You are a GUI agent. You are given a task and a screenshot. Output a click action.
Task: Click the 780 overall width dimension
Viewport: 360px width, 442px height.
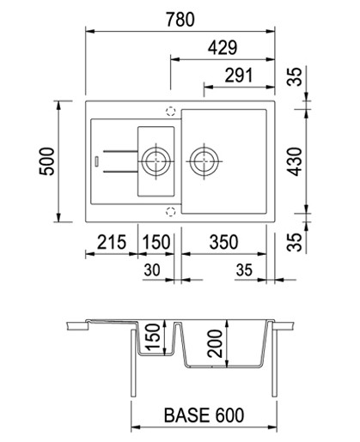click(180, 20)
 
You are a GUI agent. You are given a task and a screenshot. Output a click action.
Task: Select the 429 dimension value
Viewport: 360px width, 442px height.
click(223, 48)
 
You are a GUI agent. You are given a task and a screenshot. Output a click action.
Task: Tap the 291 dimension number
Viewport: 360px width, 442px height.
click(239, 76)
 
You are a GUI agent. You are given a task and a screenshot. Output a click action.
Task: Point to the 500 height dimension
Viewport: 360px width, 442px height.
click(46, 161)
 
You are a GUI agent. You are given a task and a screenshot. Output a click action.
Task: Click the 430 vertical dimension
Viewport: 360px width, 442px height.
click(295, 161)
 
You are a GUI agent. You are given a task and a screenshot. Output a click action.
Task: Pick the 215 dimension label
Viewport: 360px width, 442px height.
click(112, 242)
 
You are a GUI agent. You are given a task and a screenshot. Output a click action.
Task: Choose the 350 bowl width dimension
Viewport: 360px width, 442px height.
click(223, 242)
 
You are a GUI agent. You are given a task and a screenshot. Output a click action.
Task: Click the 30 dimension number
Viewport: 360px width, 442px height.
click(152, 270)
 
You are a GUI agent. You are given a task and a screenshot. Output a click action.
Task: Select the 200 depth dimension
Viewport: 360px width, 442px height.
click(215, 343)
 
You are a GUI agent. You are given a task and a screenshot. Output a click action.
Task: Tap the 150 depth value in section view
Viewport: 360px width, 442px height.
click(153, 337)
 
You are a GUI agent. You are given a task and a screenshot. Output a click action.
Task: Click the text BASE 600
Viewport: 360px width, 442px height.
click(204, 415)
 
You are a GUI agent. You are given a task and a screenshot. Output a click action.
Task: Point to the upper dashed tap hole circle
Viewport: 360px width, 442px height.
click(170, 111)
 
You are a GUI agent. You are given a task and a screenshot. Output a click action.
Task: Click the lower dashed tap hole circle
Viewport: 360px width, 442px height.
click(170, 212)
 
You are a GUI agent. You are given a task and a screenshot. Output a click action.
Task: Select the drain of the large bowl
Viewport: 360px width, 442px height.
click(204, 161)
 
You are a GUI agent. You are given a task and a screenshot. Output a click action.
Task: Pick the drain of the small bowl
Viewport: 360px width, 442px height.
click(156, 161)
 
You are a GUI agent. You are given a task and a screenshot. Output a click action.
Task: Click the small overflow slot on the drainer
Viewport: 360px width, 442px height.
click(96, 160)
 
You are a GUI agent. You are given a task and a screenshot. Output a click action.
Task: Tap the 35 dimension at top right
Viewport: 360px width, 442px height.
click(295, 77)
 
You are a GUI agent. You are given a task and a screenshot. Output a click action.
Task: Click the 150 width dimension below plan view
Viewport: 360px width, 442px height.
click(156, 242)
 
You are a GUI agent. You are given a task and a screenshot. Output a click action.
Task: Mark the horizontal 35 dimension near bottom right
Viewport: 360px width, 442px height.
click(244, 270)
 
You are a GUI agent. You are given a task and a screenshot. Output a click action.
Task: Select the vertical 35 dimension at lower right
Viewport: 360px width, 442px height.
click(295, 242)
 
